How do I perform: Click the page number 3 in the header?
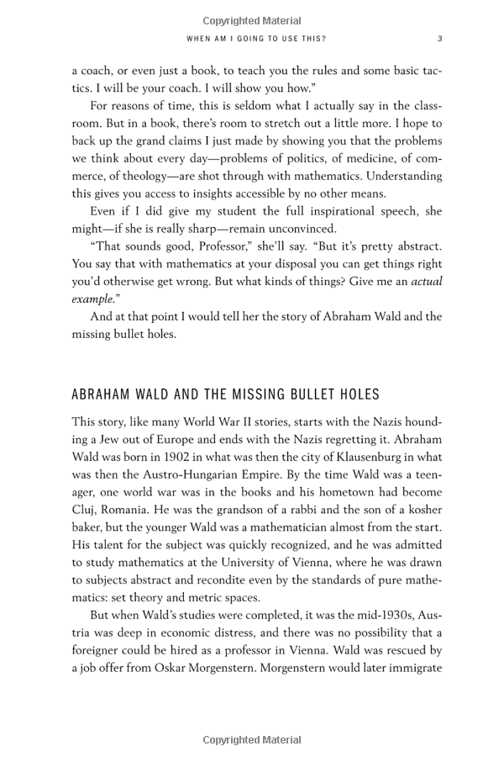[440, 38]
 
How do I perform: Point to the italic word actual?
[426, 281]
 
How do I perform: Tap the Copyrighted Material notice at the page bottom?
[252, 740]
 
